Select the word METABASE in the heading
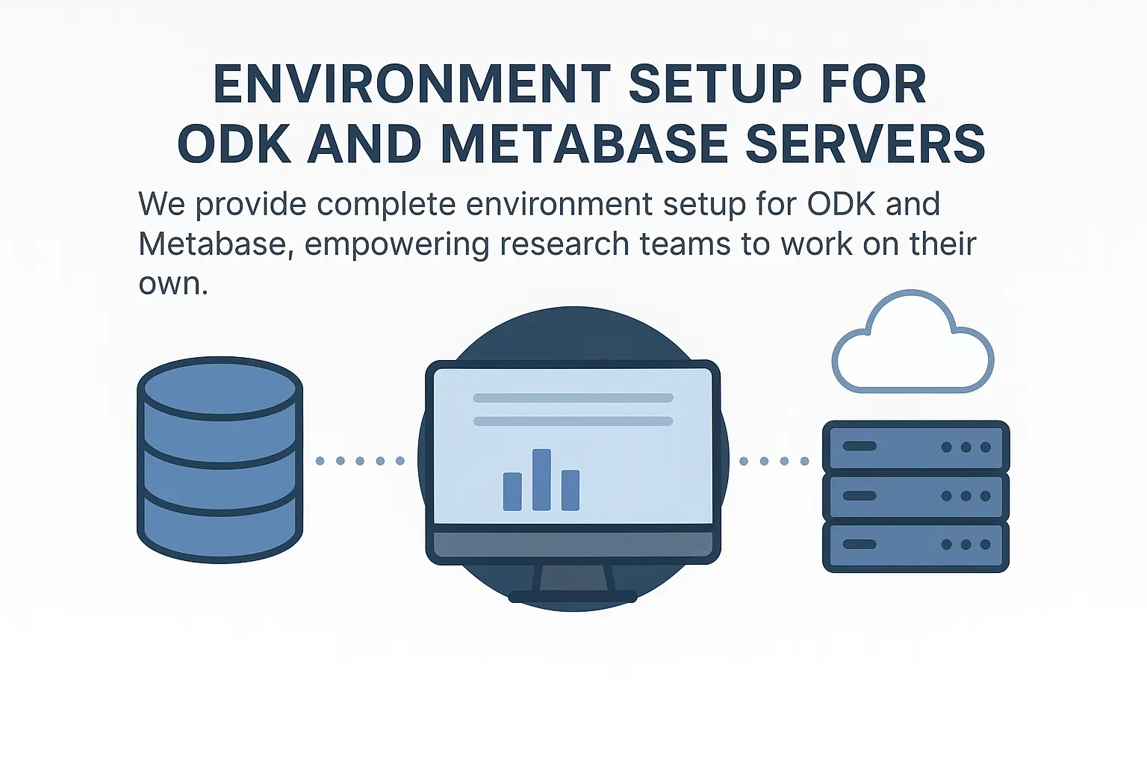click(583, 144)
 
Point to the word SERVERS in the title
click(865, 144)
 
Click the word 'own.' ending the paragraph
click(173, 284)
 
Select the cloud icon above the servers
click(913, 345)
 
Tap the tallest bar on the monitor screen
click(541, 480)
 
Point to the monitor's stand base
click(573, 596)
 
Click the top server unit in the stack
click(916, 447)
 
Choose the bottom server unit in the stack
click(916, 545)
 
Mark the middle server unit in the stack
click(916, 496)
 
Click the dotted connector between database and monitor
click(360, 461)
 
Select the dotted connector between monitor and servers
click(774, 461)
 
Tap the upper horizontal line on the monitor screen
click(573, 398)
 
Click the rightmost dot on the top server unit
click(986, 447)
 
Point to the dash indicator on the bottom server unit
click(859, 545)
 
